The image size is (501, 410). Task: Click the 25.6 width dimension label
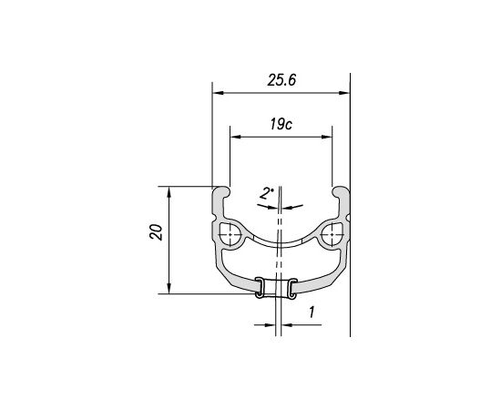(281, 80)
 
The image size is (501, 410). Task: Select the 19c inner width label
(281, 124)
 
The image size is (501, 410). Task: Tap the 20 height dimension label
(156, 232)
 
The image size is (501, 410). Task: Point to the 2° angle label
(266, 194)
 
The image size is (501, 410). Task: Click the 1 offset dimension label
(312, 312)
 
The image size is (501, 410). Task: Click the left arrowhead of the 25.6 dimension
(218, 93)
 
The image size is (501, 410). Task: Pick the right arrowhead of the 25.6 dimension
(344, 93)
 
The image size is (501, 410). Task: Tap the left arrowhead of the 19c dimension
(235, 137)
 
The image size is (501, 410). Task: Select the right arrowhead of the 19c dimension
(327, 137)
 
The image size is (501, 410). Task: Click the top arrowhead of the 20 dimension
(169, 191)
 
